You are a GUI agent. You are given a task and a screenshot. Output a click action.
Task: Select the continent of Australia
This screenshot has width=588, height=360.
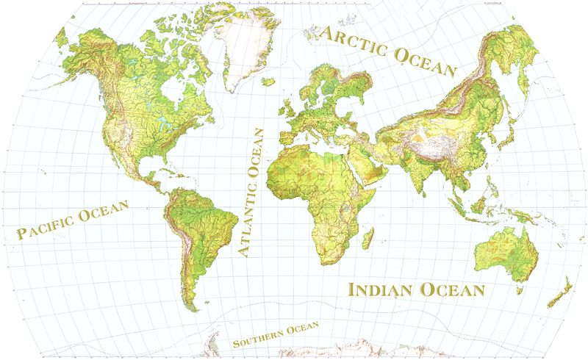(503, 254)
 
